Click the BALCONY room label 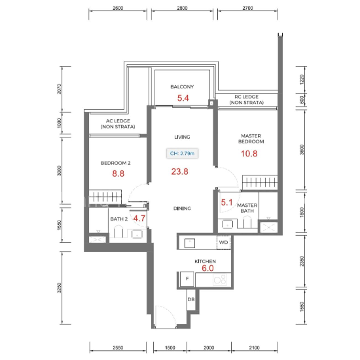coord(182,87)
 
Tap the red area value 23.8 coord(179,171)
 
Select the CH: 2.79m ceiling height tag coord(182,153)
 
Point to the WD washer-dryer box coord(223,242)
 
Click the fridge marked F coord(187,279)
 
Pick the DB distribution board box coord(191,299)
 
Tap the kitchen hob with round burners coord(220,279)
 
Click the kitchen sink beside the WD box coord(190,243)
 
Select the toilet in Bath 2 coord(118,232)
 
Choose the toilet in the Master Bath coord(247,222)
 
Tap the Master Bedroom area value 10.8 coord(249,154)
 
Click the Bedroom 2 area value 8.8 coord(118,173)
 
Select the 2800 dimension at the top coord(182,8)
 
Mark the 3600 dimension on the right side coord(302,150)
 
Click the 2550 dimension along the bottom coord(118,348)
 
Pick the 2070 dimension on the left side coord(59,89)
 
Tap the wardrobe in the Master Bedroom coord(260,183)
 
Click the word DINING coord(182,208)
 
